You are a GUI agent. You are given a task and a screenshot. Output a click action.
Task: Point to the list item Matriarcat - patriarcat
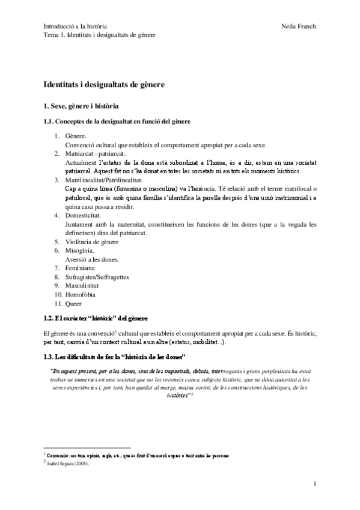pyautogui.click(x=95, y=154)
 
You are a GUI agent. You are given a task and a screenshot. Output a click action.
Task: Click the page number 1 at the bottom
pyautogui.click(x=315, y=483)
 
